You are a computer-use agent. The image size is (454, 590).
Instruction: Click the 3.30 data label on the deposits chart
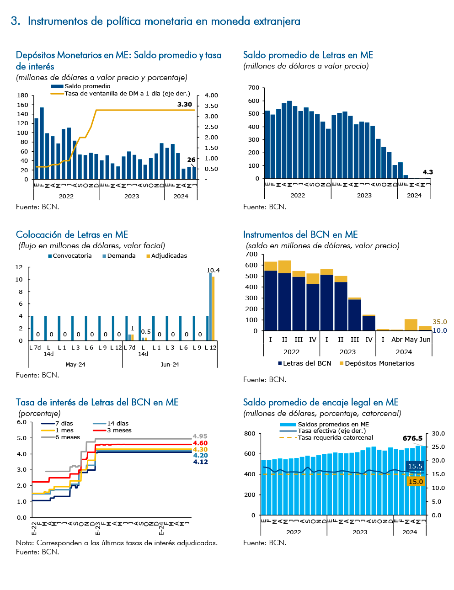184,104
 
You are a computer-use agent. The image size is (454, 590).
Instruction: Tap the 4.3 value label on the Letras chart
427,172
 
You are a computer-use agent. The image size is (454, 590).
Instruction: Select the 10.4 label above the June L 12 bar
213,270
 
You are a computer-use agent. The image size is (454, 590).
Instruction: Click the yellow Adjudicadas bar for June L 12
213,308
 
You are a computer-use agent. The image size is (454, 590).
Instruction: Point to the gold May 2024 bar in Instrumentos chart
411,324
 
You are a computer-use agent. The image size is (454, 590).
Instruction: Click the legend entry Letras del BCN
304,363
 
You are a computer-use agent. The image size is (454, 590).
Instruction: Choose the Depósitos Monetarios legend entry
377,363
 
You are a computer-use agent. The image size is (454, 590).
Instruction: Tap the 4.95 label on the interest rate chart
200,436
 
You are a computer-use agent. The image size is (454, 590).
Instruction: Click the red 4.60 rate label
200,443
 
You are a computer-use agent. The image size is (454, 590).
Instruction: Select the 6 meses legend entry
60,437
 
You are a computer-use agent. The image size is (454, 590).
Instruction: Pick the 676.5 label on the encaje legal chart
412,438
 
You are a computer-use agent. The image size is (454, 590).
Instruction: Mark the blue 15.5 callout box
415,466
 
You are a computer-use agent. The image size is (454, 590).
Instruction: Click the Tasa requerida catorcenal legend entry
326,438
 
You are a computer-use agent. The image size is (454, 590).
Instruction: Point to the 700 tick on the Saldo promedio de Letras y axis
254,87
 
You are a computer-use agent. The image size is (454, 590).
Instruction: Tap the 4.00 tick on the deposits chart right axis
211,96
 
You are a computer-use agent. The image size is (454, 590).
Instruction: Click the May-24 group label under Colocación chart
75,364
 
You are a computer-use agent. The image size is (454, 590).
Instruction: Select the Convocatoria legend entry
70,256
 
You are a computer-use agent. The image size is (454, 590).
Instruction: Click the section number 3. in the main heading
16,21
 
